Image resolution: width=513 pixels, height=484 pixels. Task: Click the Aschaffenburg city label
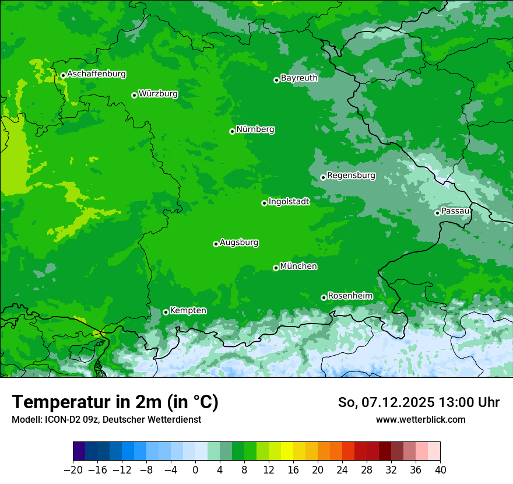[x=96, y=74]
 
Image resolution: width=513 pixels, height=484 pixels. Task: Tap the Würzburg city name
[x=158, y=94]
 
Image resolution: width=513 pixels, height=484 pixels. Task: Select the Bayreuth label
[x=299, y=78]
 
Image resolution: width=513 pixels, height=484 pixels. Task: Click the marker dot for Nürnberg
[x=232, y=131]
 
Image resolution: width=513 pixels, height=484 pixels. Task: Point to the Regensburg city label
[x=351, y=176]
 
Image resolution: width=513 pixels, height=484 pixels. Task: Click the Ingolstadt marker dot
[x=264, y=203]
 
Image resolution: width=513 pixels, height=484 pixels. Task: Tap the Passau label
[x=455, y=211]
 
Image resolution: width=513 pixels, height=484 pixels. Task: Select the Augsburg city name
[x=239, y=243]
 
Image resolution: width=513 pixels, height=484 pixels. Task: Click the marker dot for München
[x=276, y=268]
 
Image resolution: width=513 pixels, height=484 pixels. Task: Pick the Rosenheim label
[x=350, y=296]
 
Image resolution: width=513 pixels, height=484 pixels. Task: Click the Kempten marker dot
[x=166, y=312]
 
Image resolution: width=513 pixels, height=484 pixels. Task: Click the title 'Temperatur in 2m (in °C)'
[x=115, y=402]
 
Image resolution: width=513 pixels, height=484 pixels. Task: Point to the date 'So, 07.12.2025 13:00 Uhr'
[x=419, y=402]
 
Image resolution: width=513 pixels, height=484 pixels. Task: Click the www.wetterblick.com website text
[x=420, y=419]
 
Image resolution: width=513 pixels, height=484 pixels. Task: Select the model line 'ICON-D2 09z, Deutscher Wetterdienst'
[x=106, y=419]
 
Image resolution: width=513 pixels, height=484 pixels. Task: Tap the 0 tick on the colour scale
[x=195, y=470]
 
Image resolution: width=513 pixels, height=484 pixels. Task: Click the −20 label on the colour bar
[x=73, y=470]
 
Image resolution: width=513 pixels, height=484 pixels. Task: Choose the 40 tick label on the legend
[x=440, y=470]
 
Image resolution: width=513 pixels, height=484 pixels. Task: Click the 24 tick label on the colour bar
[x=342, y=470]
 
